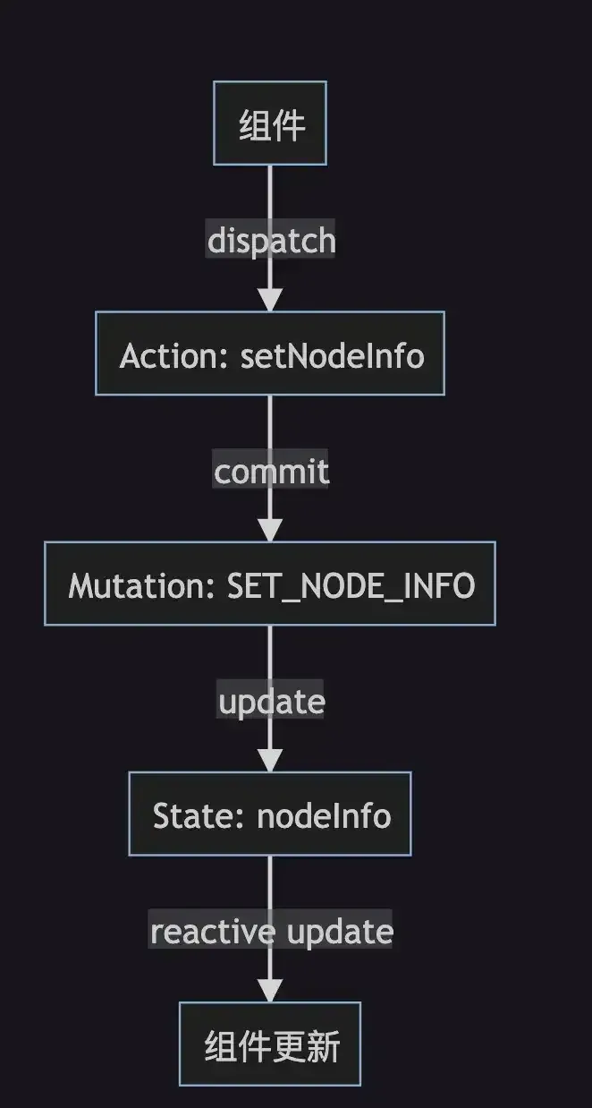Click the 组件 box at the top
click(270, 124)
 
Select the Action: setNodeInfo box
click(270, 354)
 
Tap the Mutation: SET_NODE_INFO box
click(270, 584)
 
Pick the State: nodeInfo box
click(270, 814)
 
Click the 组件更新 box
click(270, 1044)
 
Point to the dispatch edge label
click(271, 240)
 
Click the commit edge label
click(271, 471)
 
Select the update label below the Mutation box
click(271, 701)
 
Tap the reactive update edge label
click(271, 931)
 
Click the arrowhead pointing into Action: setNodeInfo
click(270, 299)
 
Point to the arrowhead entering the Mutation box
click(270, 529)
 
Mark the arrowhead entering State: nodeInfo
click(270, 759)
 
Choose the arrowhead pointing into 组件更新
click(270, 989)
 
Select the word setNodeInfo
click(332, 355)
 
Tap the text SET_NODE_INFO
click(351, 585)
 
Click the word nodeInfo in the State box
click(324, 815)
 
